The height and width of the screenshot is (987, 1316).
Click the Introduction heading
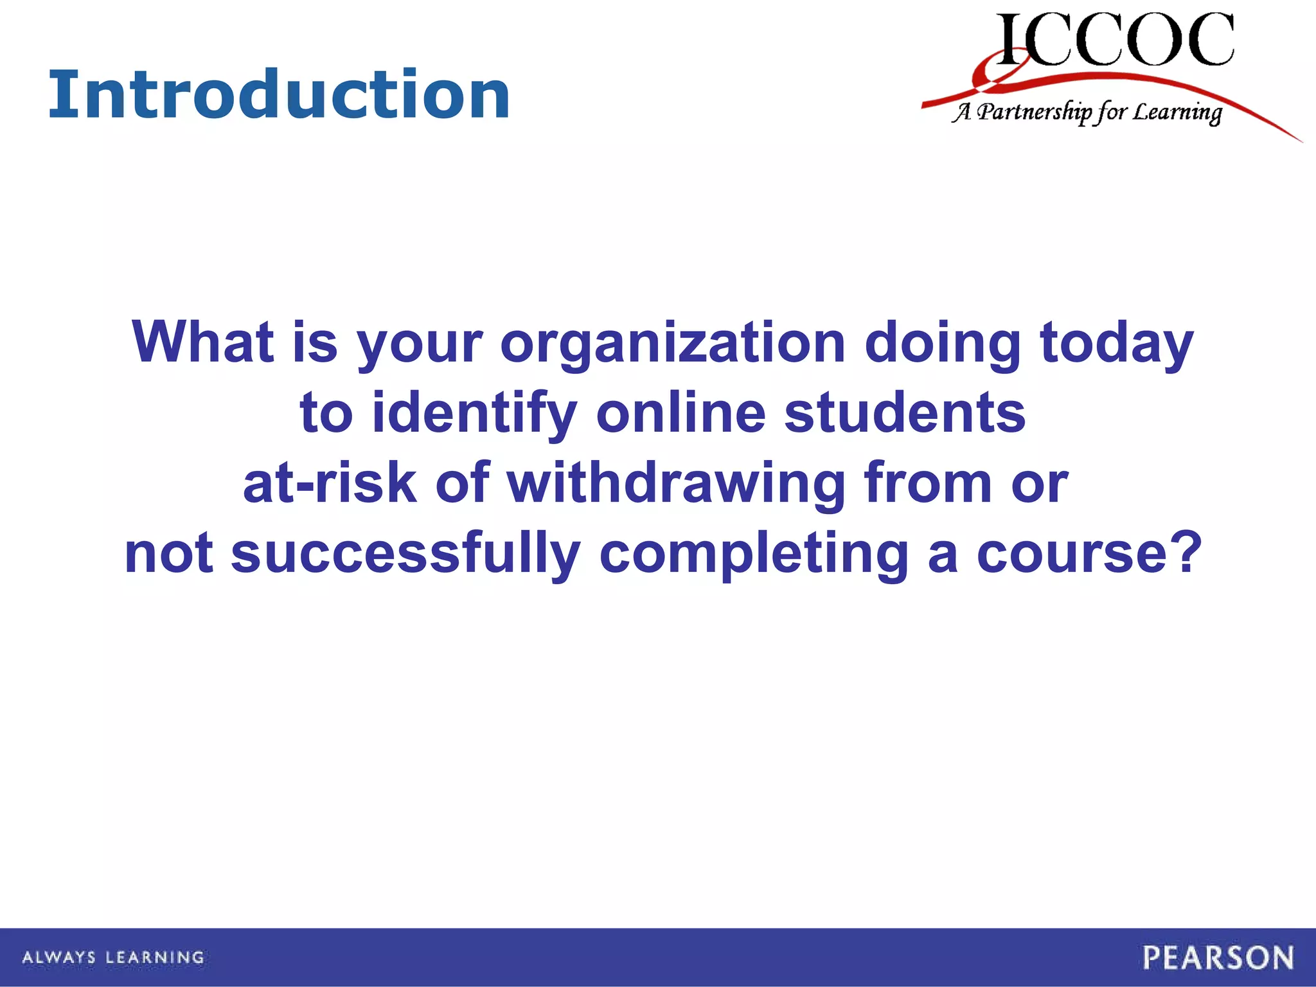click(x=280, y=96)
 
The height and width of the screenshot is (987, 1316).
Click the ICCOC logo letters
click(x=1115, y=40)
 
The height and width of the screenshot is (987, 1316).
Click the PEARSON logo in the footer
click(x=1218, y=957)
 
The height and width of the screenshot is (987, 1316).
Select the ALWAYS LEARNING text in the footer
click(x=113, y=957)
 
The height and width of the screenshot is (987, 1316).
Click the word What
click(x=202, y=342)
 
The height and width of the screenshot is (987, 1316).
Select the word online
click(x=680, y=413)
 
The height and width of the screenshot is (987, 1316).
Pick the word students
click(x=905, y=413)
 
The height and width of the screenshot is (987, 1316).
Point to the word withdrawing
click(x=676, y=484)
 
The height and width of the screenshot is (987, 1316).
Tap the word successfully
click(x=405, y=554)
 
